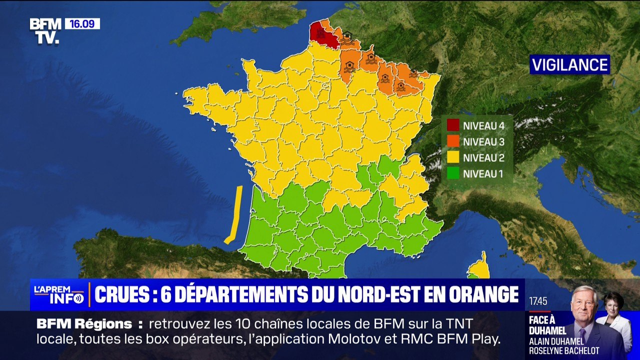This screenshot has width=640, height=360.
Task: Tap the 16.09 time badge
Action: [82, 23]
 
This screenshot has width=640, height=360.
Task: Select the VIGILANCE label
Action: [569, 64]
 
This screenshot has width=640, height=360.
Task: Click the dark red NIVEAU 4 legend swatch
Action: [453, 125]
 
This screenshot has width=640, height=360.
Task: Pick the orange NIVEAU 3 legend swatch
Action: [453, 141]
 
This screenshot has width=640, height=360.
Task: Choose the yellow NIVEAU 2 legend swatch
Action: [453, 158]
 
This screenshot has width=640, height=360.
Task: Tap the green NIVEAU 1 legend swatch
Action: [453, 174]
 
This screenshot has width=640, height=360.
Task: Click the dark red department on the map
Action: [322, 34]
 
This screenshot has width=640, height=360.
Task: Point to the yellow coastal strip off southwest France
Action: [234, 215]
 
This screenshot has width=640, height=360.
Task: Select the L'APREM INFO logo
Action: [58, 295]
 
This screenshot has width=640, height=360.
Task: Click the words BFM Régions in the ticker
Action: [84, 324]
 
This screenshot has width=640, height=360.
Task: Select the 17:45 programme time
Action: [538, 301]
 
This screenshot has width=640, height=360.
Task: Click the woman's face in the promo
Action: [613, 303]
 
